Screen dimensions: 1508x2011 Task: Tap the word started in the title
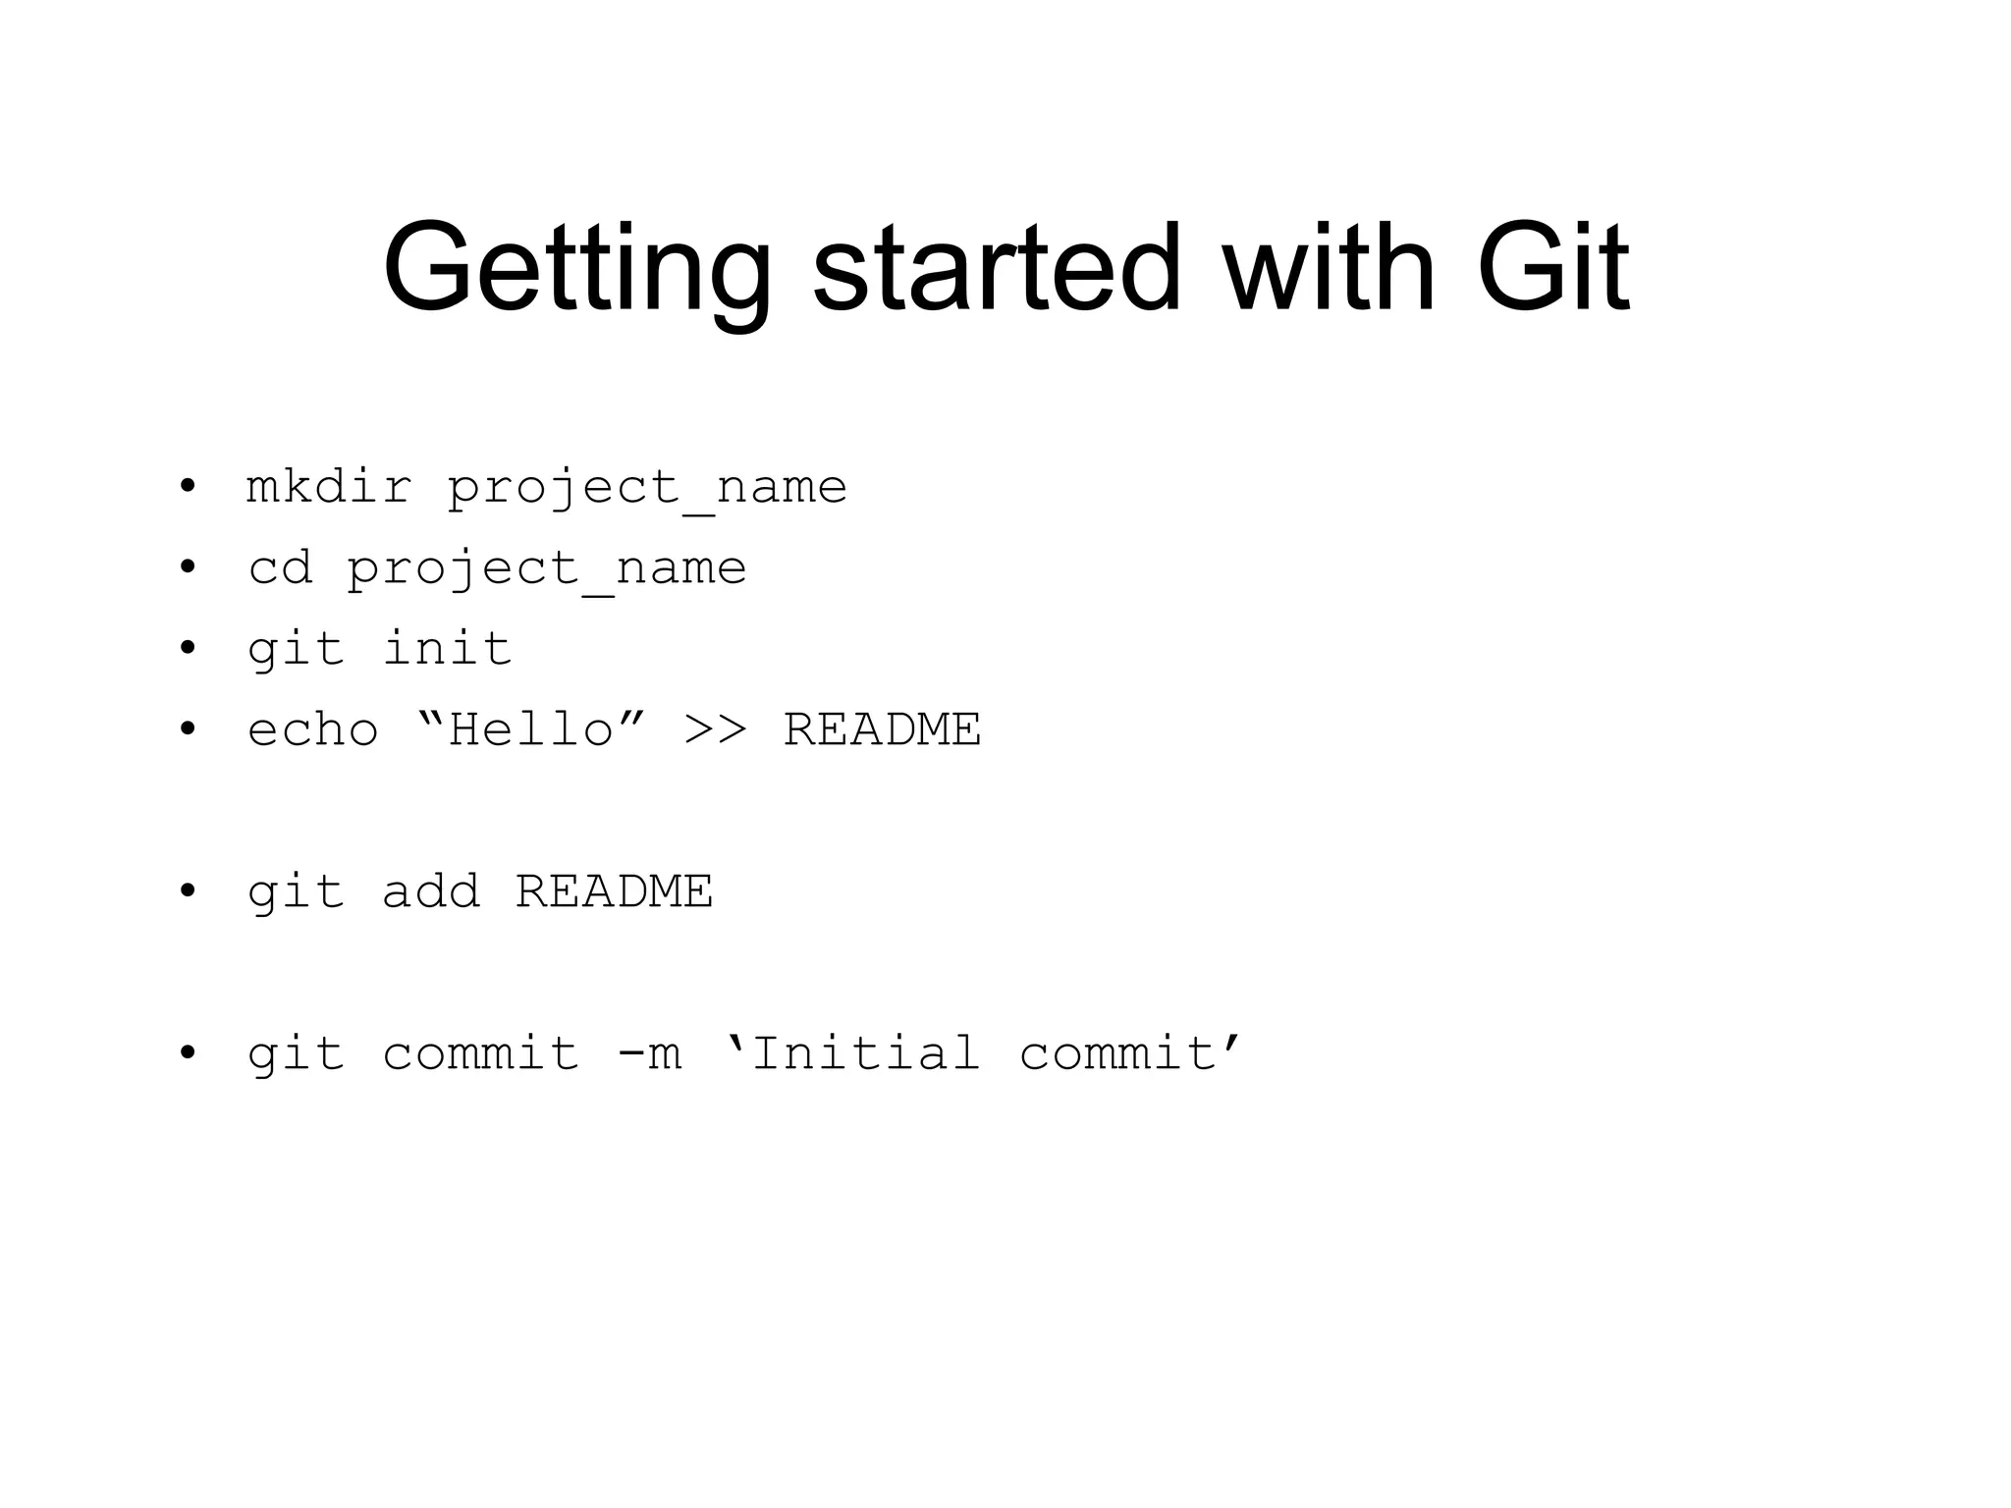pos(996,267)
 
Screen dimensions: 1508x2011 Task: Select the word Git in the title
pos(1551,267)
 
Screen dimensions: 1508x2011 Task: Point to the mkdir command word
pos(329,487)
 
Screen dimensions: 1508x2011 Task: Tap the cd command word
pos(280,567)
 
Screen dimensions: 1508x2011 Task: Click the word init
pos(447,648)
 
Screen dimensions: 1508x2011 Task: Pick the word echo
pos(313,730)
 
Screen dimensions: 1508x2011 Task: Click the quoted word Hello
pos(531,728)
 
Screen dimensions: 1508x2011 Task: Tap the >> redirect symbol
pos(716,730)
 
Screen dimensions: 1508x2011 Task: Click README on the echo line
pos(882,729)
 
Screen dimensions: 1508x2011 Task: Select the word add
pos(431,891)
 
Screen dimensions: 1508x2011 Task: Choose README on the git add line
pos(614,891)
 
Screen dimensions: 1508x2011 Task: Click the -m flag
pos(649,1054)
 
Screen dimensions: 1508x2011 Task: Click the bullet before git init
pos(188,649)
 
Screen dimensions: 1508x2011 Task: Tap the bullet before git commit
pos(188,1054)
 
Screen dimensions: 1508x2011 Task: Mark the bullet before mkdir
pos(188,487)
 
